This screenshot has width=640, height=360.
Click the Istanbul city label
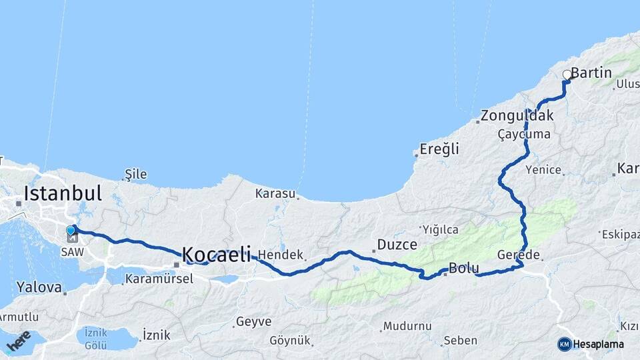pyautogui.click(x=63, y=193)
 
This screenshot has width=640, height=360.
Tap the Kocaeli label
pyautogui.click(x=217, y=254)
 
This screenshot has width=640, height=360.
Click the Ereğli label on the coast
pyautogui.click(x=439, y=149)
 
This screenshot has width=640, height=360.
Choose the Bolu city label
pyautogui.click(x=464, y=269)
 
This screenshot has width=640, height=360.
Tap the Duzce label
pyautogui.click(x=397, y=245)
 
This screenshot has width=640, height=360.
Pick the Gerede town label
pyautogui.click(x=518, y=255)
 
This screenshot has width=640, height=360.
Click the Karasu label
pyautogui.click(x=275, y=194)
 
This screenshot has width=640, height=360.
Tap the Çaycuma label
pyautogui.click(x=524, y=134)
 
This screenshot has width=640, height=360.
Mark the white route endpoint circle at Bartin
pyautogui.click(x=567, y=75)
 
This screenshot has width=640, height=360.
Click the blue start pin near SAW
pyautogui.click(x=71, y=230)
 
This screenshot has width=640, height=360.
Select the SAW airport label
pyautogui.click(x=72, y=252)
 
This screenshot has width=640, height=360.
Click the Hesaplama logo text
pyautogui.click(x=598, y=344)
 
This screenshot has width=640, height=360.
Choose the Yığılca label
pyautogui.click(x=440, y=230)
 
